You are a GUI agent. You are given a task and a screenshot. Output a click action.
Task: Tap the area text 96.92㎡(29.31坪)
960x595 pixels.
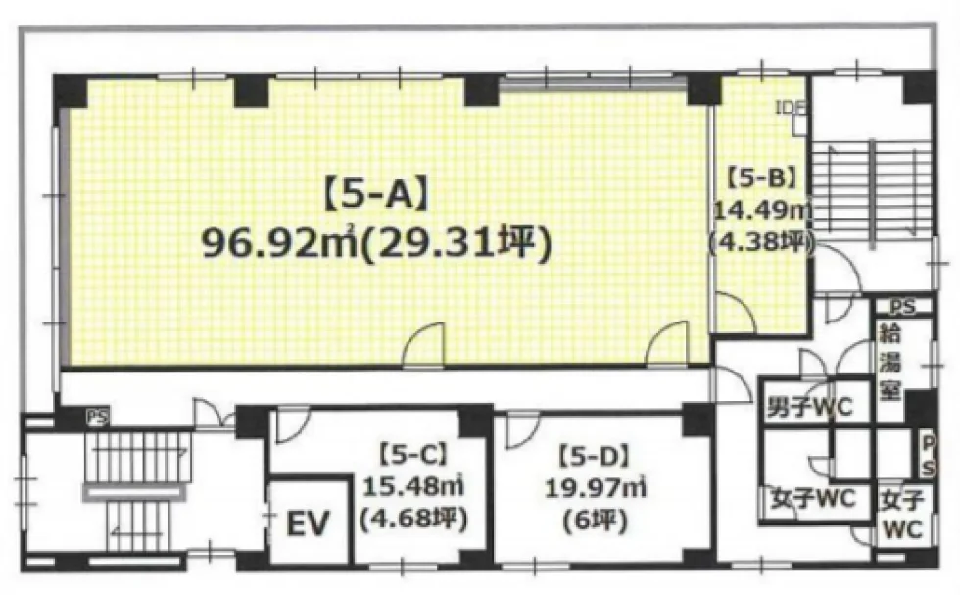click(377, 244)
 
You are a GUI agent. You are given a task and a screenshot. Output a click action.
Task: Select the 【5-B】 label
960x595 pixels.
click(761, 177)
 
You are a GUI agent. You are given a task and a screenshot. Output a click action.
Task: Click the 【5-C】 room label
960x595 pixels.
click(412, 455)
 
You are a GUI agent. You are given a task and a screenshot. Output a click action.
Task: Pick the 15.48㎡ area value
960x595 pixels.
click(413, 488)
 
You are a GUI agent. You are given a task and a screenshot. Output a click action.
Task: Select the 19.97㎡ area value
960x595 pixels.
click(596, 488)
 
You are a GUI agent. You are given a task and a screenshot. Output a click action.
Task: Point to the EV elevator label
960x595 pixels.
click(308, 523)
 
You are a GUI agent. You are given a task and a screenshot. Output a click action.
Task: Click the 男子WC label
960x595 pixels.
click(809, 407)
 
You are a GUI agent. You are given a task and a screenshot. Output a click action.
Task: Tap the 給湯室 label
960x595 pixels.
click(889, 364)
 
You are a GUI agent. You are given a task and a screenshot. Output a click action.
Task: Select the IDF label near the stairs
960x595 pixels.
click(791, 107)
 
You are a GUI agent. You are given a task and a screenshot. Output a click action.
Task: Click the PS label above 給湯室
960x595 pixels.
click(902, 306)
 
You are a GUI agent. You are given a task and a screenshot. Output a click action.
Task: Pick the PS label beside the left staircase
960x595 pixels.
click(98, 418)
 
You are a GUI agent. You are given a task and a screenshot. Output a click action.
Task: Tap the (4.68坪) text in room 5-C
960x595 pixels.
click(413, 521)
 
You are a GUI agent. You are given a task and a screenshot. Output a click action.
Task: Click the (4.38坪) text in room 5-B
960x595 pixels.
click(762, 243)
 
